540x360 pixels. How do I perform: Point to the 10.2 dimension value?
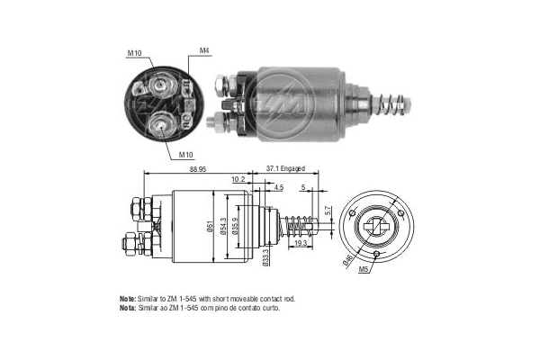coord(238,179)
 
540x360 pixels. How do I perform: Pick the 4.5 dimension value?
coord(279,188)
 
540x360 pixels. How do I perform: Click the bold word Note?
coord(127,298)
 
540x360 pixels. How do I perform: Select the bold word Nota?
coord(127,308)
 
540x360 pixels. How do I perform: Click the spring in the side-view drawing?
coord(301,225)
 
